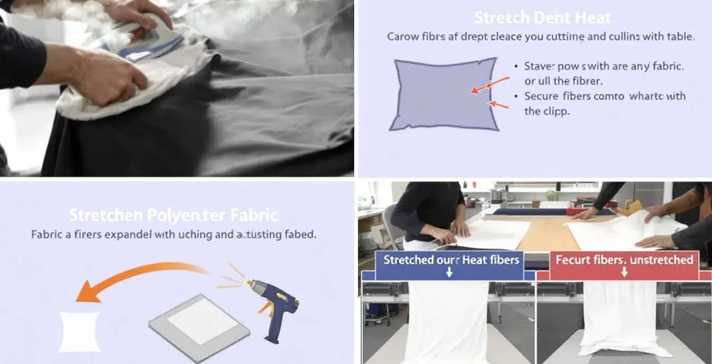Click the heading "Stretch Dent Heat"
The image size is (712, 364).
tap(542, 18)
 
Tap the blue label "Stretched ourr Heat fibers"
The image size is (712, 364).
tap(451, 259)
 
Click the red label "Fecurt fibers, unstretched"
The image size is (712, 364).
tap(624, 259)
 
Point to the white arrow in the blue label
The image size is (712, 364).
tap(449, 273)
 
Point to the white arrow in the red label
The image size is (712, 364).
tap(624, 273)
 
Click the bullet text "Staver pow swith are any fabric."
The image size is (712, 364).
tap(604, 67)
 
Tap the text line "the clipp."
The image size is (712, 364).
tap(546, 111)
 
